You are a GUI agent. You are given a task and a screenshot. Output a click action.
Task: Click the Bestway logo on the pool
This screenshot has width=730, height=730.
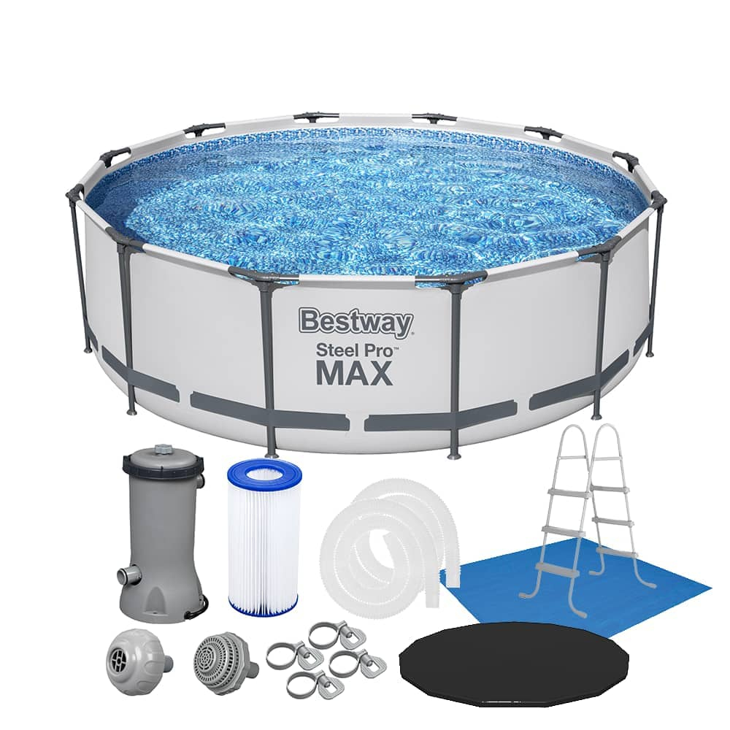[x=356, y=322]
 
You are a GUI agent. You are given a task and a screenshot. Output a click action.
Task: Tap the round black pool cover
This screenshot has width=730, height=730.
[x=504, y=664]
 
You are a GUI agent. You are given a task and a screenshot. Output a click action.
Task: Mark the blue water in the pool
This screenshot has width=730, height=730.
[x=365, y=197]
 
